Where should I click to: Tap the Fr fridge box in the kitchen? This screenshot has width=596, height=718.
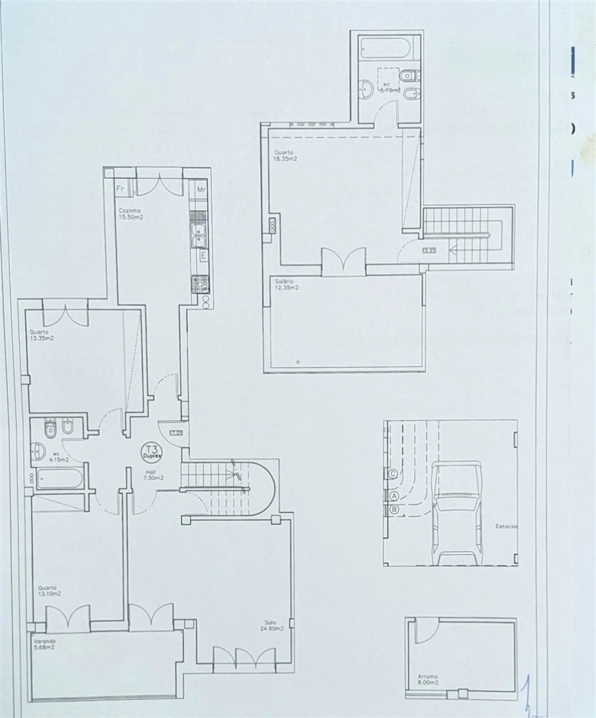point(121,188)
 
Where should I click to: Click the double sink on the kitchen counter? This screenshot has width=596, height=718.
point(199,231)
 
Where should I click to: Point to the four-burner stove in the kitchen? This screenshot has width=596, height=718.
point(200,283)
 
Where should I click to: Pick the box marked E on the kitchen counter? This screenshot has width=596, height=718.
point(203,255)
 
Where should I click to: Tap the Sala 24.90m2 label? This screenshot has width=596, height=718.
point(274,625)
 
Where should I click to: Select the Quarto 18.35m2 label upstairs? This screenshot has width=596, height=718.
point(285,156)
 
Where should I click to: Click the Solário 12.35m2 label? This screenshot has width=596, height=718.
point(286,285)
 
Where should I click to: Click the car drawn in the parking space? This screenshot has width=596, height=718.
point(457,513)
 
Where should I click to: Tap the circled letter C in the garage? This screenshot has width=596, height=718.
point(393,474)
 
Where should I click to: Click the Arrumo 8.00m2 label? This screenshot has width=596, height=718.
point(426,680)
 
